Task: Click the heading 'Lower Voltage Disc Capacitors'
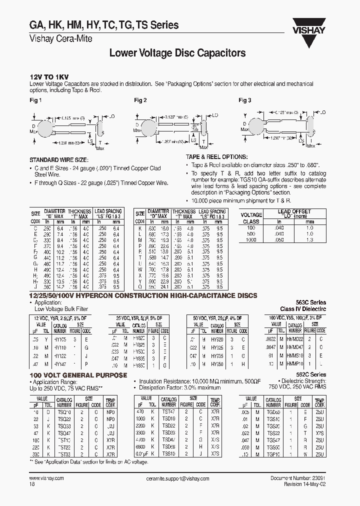177,52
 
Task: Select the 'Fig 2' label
140,100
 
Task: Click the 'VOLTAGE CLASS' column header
250,218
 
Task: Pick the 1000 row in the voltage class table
250,240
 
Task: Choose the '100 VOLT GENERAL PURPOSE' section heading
71,375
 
